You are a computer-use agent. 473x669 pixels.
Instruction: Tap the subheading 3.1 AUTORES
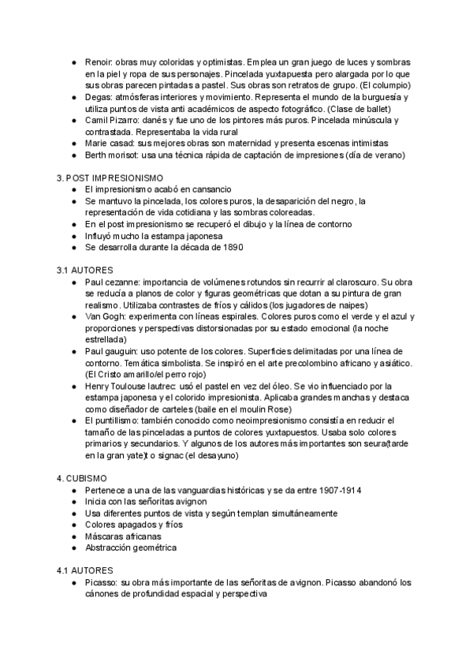85,269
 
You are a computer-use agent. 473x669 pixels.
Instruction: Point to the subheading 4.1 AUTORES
85,570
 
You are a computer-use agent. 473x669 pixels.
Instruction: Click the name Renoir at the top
98,62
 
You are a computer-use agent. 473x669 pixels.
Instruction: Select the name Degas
98,96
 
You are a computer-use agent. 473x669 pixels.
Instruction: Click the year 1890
232,247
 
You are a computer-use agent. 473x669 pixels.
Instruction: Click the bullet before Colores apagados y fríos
73,525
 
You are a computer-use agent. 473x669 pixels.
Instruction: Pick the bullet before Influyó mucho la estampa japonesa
73,236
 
